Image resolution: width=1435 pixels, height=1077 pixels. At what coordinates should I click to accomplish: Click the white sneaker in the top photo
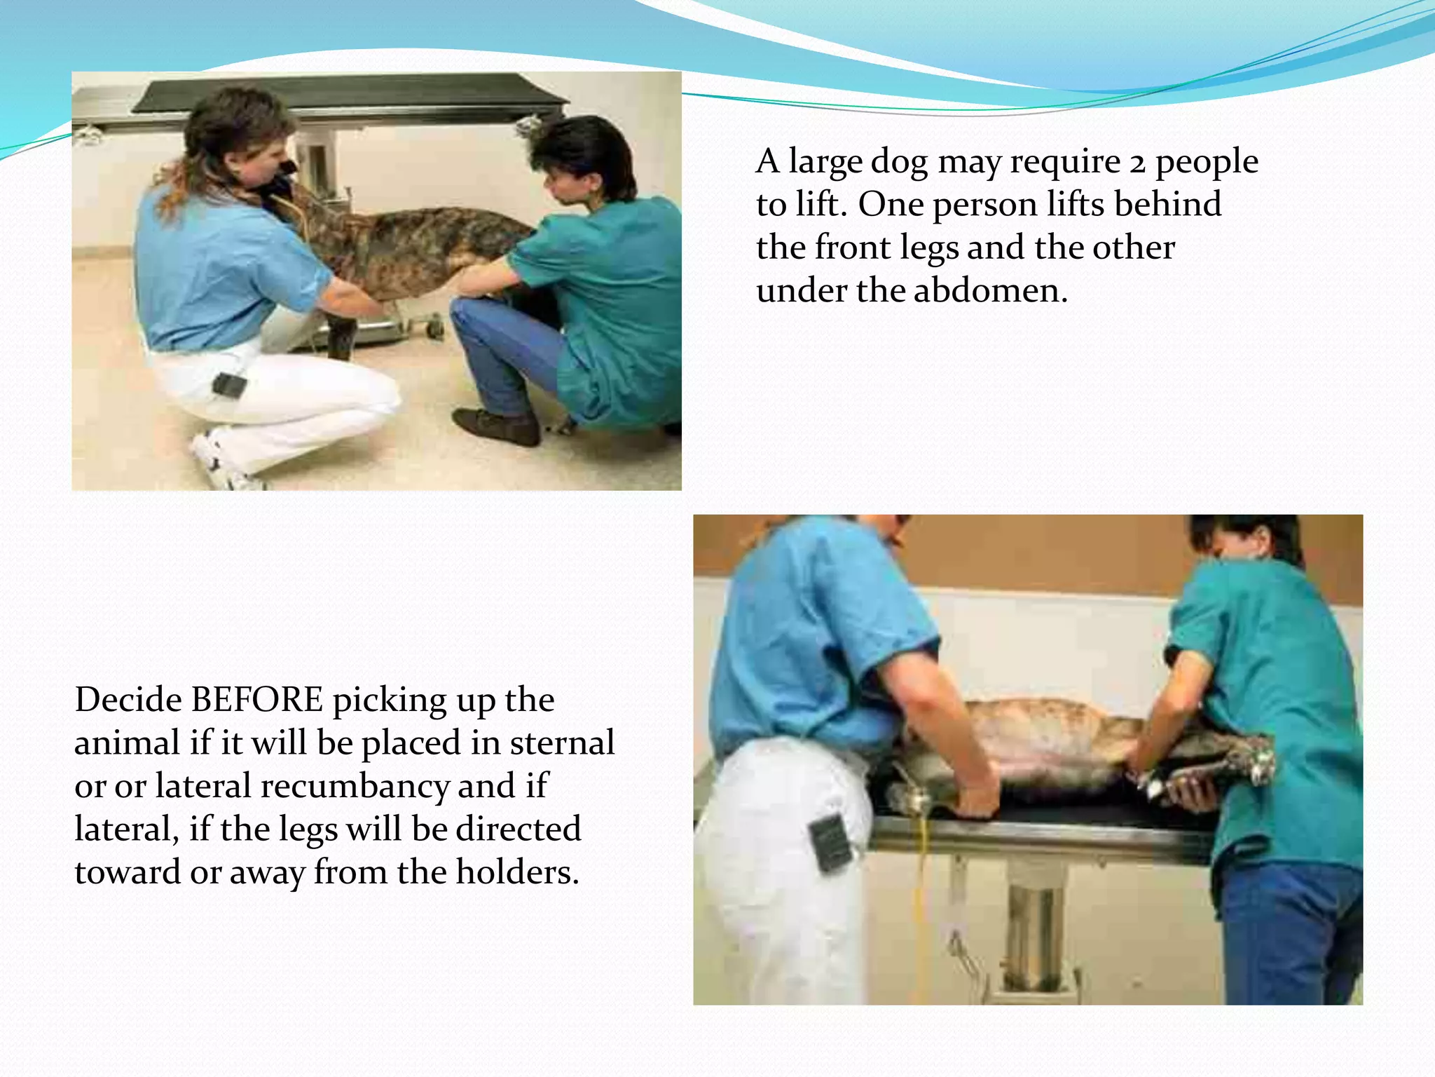pos(223,462)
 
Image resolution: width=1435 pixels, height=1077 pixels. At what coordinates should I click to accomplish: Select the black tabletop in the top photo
pos(350,95)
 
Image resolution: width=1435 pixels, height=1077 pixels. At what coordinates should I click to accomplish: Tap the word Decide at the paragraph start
pos(128,700)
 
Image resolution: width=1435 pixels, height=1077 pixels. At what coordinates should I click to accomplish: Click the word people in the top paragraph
pos(1206,162)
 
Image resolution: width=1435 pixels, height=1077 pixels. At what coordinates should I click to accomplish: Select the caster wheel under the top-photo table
pos(435,327)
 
